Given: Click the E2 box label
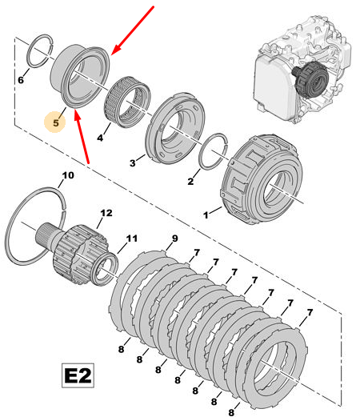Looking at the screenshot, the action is click(x=78, y=375).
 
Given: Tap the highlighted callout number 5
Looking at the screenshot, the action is click(x=55, y=122).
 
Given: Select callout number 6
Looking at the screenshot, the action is click(x=21, y=79).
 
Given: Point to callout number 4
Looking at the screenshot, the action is click(x=100, y=138).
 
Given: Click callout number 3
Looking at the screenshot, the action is click(x=133, y=162).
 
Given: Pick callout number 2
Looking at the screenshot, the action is click(x=190, y=181).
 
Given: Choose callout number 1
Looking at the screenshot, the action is click(x=206, y=215).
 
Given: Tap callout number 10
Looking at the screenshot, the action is click(x=68, y=175).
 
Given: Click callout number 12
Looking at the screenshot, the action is click(x=106, y=213).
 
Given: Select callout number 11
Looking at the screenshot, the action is click(x=132, y=238).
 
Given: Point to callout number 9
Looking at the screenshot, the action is click(x=174, y=238).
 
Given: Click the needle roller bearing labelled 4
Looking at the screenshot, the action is click(x=127, y=102).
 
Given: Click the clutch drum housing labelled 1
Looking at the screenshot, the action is click(x=262, y=179).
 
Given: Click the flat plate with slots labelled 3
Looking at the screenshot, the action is click(x=175, y=130).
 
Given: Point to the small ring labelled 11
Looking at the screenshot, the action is click(x=105, y=270).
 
